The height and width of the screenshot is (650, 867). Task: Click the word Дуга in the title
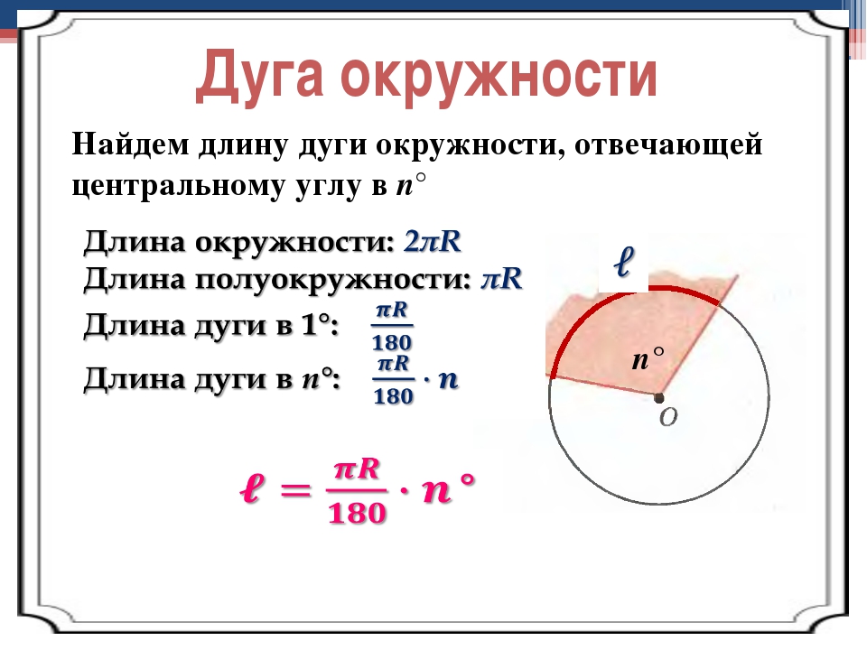(x=259, y=76)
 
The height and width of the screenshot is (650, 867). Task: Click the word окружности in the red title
(x=499, y=76)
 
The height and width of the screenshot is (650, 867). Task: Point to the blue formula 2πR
(x=433, y=241)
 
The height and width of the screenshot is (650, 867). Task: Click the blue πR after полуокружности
(x=501, y=278)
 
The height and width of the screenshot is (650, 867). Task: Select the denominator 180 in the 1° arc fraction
(x=392, y=343)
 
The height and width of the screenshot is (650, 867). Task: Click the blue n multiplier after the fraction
(x=449, y=380)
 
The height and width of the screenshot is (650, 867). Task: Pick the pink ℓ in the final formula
(x=251, y=489)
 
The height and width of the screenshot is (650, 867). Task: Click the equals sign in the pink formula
(x=295, y=489)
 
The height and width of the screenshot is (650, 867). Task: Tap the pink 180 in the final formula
(x=357, y=513)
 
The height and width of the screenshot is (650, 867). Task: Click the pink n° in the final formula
(x=449, y=488)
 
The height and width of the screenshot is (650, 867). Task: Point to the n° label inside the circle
(x=648, y=358)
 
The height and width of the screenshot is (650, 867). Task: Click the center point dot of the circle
(x=658, y=397)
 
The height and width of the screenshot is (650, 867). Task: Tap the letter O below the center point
(x=668, y=417)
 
